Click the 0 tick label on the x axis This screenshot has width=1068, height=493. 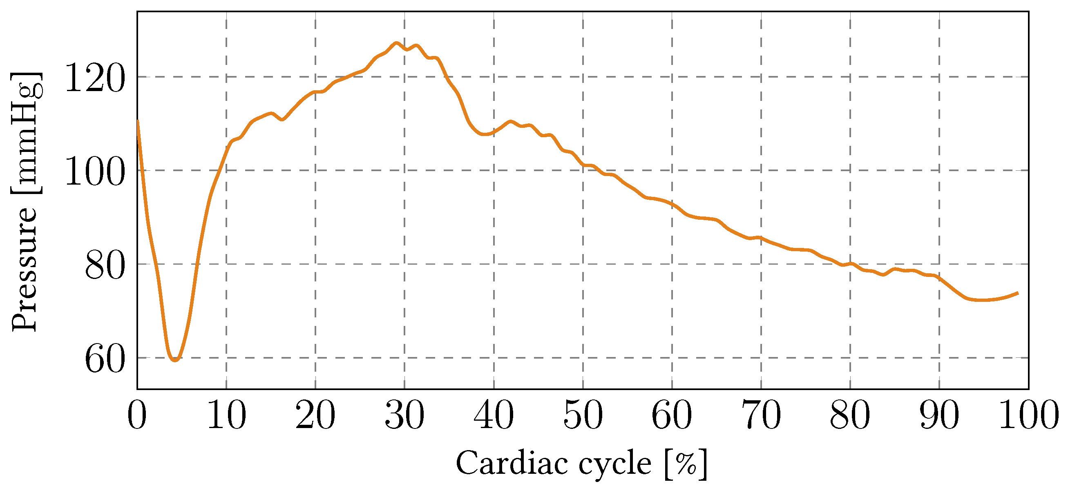coord(137,415)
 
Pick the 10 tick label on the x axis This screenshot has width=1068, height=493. coord(226,415)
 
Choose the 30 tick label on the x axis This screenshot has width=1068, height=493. coord(404,415)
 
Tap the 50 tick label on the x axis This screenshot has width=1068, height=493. coord(583,415)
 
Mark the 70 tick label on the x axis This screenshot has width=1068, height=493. coord(761,415)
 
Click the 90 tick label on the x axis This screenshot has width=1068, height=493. coord(939,415)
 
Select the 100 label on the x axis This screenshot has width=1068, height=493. coord(1029,415)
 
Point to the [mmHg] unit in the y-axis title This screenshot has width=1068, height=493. coord(25,133)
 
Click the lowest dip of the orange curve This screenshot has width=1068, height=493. coord(175,360)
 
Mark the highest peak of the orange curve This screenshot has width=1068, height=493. coord(396,43)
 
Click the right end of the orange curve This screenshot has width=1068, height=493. coord(1018,293)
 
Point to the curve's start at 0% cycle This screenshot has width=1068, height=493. coord(137,121)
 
